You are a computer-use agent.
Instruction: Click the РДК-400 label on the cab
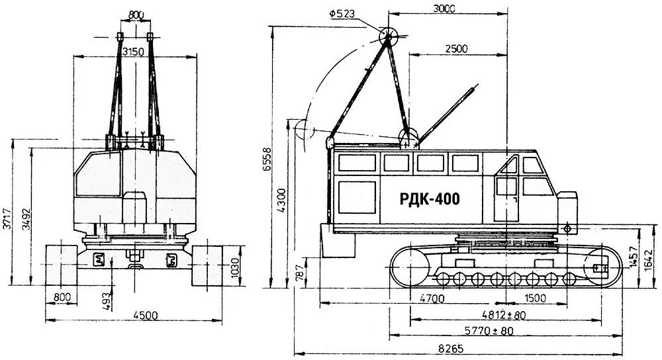(430, 199)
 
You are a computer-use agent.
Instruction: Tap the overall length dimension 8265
(451, 349)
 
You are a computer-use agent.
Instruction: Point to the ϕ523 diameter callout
(342, 13)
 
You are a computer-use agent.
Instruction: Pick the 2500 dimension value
(456, 48)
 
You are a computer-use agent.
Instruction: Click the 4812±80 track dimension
(504, 315)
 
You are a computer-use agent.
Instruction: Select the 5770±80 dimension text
(489, 330)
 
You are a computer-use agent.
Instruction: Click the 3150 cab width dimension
(133, 52)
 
